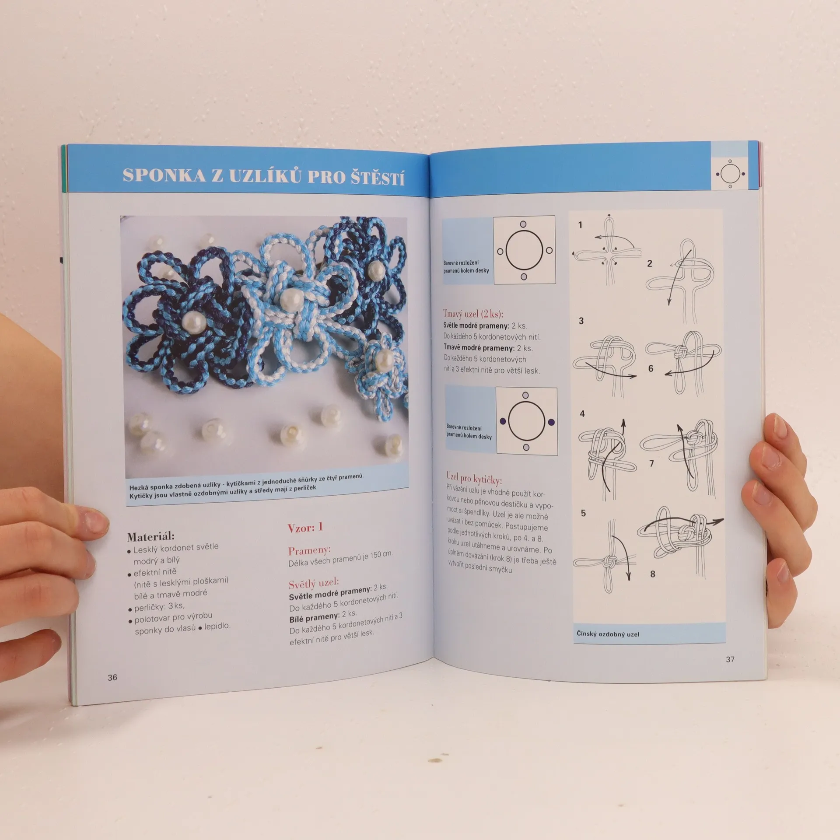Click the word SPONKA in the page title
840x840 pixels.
click(164, 175)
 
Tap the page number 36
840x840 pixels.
click(112, 678)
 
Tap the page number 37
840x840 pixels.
click(730, 659)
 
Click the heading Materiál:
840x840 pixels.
click(150, 536)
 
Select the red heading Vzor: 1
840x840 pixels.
click(305, 528)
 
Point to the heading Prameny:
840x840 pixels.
click(309, 550)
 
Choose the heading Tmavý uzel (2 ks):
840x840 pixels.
click(473, 314)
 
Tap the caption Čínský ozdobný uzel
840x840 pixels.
click(608, 633)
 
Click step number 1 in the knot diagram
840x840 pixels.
click(580, 225)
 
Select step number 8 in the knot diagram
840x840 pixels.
click(653, 574)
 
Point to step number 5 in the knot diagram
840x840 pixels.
click(583, 513)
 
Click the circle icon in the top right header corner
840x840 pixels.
click(730, 174)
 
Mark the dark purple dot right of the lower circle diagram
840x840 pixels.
click(551, 422)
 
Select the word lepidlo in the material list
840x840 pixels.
click(217, 626)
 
